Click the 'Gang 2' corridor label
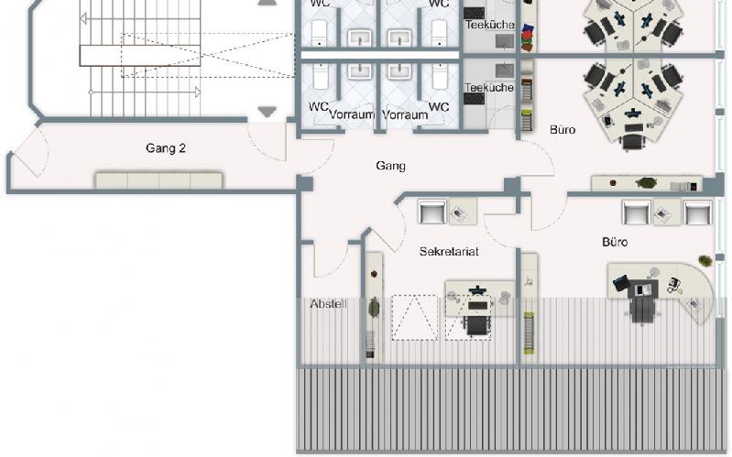click(166, 147)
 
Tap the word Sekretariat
click(450, 251)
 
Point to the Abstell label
click(328, 304)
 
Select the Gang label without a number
click(390, 166)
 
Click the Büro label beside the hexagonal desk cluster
click(563, 130)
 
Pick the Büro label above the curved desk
click(615, 243)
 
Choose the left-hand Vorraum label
click(352, 115)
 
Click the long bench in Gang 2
click(159, 180)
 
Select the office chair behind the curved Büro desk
click(643, 310)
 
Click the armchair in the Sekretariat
click(432, 212)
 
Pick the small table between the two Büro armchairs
click(662, 213)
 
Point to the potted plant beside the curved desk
click(705, 261)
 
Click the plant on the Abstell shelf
click(374, 307)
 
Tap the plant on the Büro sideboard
click(646, 182)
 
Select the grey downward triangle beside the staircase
click(267, 113)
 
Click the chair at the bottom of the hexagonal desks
click(632, 142)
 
